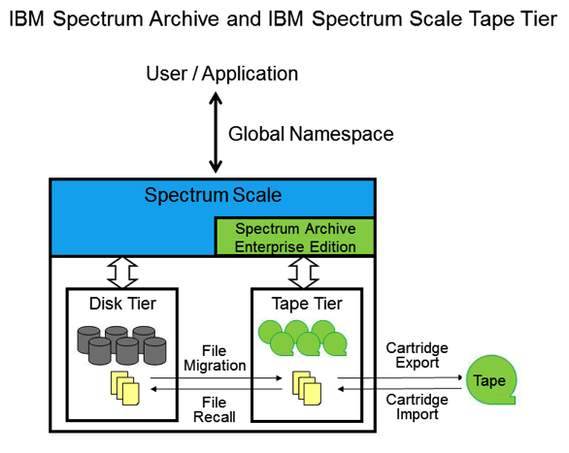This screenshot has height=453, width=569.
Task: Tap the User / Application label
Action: click(x=221, y=74)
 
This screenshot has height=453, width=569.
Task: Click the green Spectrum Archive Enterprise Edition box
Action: click(x=293, y=237)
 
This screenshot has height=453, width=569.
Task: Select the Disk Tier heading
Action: click(x=115, y=304)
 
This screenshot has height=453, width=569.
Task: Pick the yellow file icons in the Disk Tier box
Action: click(x=125, y=388)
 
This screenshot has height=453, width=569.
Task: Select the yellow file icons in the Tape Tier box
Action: click(x=308, y=388)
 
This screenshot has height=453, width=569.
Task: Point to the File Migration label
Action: click(x=214, y=357)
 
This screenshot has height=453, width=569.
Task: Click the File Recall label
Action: click(x=214, y=408)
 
